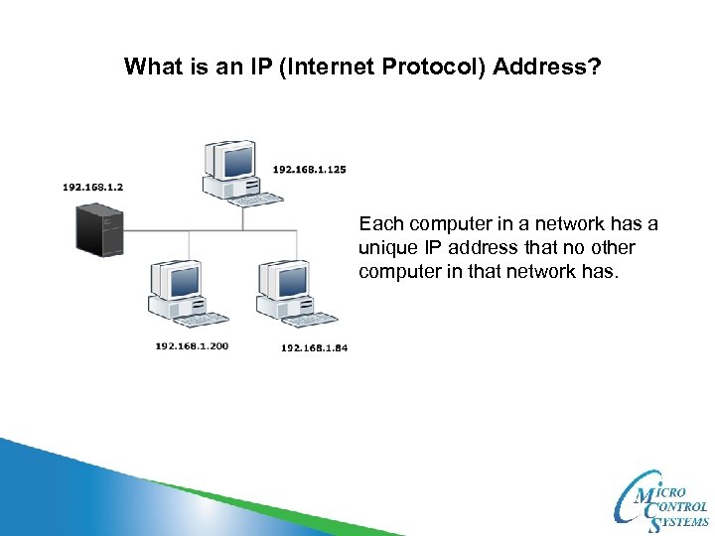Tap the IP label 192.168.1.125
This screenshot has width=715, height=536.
click(x=309, y=170)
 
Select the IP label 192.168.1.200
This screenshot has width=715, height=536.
click(x=192, y=345)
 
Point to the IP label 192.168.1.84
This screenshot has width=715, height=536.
click(x=314, y=347)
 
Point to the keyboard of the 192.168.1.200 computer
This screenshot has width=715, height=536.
click(x=203, y=320)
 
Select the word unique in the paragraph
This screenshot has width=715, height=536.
click(x=386, y=246)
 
